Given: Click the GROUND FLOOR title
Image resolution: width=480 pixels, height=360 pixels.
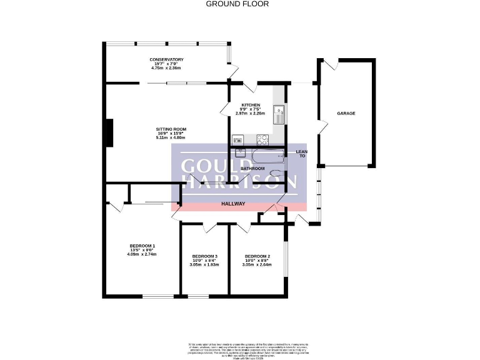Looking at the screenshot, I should point(237,4).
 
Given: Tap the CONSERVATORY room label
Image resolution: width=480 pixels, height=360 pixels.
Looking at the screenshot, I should point(166,59).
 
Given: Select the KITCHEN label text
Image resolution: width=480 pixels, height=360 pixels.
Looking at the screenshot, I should point(251,105).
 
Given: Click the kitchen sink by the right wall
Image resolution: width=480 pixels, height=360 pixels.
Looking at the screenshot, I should point(281,113).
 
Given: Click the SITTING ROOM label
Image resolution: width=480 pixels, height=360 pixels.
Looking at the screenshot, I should point(171,129).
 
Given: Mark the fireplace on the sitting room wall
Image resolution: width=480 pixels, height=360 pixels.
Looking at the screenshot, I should point(109,132).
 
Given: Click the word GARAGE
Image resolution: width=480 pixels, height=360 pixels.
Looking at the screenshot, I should point(346,113).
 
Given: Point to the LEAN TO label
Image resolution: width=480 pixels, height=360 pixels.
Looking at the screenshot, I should point(301,153).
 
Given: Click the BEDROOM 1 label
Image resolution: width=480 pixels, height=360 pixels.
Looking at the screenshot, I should point(142,245).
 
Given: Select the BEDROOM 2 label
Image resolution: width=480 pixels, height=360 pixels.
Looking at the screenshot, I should point(257,257).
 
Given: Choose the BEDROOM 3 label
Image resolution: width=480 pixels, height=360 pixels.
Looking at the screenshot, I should point(205,257).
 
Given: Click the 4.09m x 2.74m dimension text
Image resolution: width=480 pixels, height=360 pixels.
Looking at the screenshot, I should point(141,254).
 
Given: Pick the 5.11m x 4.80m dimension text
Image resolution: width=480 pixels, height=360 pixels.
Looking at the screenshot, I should point(171,137).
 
